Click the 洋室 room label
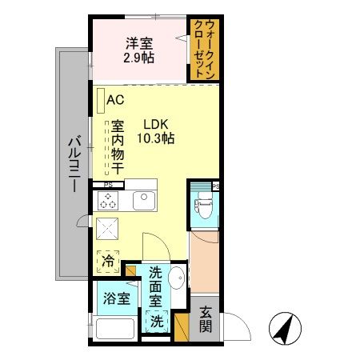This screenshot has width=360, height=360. click(x=138, y=44)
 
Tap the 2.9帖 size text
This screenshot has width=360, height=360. click(x=138, y=58)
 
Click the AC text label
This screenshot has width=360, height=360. click(x=115, y=100)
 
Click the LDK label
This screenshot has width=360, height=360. click(x=155, y=124)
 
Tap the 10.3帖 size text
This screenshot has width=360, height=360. click(x=155, y=138)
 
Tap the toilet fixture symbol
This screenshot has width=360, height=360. click(x=204, y=208)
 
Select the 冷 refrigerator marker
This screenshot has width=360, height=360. click(x=107, y=260)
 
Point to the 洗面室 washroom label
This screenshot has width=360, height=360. click(x=156, y=288)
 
